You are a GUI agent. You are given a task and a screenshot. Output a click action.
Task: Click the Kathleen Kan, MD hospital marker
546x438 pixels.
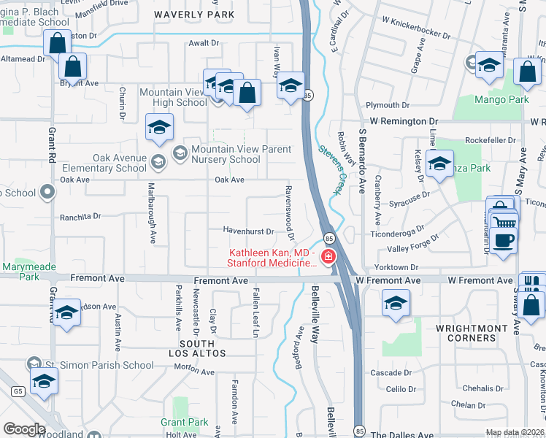tap(328, 256)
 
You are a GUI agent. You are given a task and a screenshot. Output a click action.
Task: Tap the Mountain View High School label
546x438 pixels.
tap(173, 98)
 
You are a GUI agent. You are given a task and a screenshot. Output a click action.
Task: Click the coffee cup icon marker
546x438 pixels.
tap(503, 239)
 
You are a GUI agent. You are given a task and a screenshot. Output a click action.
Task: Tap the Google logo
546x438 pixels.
tap(24, 429)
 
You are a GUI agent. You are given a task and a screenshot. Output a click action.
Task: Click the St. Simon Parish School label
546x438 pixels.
tap(101, 365)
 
